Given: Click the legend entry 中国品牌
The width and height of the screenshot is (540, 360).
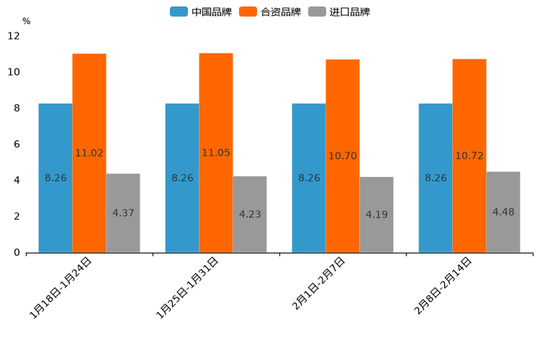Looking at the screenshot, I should (x=202, y=12).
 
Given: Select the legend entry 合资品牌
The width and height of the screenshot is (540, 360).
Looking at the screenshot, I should (x=271, y=12).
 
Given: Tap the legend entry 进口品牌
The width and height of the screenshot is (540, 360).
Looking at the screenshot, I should (x=340, y=12).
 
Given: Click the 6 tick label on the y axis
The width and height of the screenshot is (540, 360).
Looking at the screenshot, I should (x=17, y=144).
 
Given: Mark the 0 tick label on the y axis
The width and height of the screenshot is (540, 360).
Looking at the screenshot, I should (x=17, y=253).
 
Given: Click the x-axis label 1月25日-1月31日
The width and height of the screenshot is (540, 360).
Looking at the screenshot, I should (x=188, y=287).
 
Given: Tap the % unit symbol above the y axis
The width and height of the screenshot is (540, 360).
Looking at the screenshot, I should (x=26, y=21).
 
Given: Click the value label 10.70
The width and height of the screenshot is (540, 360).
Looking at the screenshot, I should (x=343, y=156).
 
